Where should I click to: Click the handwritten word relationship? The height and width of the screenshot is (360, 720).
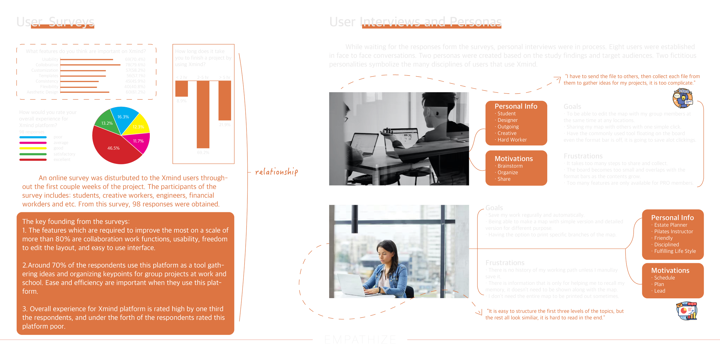click(x=276, y=172)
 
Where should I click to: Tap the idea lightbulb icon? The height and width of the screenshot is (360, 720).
click(x=683, y=98)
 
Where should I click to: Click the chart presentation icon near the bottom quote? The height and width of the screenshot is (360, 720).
click(x=687, y=311)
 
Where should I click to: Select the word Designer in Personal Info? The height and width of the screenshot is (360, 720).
click(x=507, y=120)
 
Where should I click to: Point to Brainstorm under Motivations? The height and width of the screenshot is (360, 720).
click(x=510, y=166)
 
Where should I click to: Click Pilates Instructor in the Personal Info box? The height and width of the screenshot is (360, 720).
click(x=673, y=232)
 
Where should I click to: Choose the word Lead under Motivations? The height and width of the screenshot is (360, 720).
click(x=660, y=291)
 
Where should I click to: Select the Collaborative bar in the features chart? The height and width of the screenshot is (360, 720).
click(x=90, y=65)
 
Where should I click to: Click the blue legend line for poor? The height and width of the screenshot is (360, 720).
click(x=33, y=137)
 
